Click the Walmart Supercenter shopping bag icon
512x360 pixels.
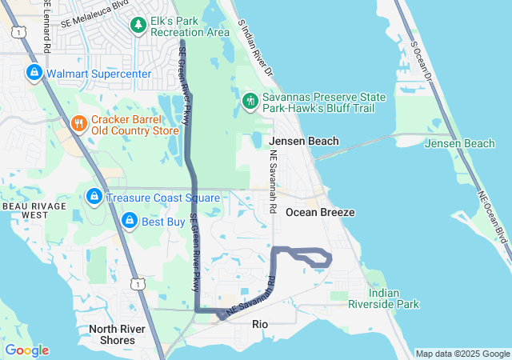(x=34, y=74)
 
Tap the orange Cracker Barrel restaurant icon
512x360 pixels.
(x=78, y=124)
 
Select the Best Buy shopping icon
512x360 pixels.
(x=129, y=220)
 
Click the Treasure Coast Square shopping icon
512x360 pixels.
(x=94, y=197)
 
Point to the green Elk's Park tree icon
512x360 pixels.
(x=140, y=26)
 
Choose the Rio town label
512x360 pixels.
(x=260, y=324)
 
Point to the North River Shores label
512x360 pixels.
(x=112, y=334)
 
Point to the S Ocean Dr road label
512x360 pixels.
(x=422, y=64)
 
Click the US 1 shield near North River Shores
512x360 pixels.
(x=138, y=284)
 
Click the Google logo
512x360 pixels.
(x=27, y=350)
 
